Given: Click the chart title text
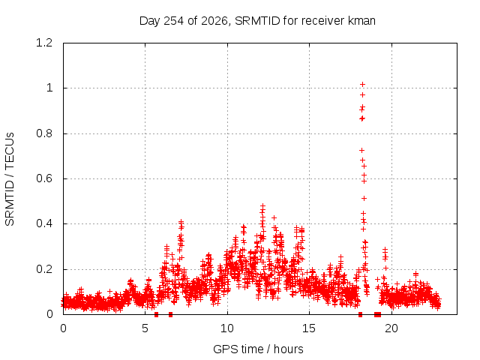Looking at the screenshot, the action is point(257,21).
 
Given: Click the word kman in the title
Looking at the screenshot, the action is point(361,21).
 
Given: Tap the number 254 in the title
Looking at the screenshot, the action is point(173,21).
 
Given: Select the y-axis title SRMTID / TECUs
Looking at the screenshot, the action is point(10,179).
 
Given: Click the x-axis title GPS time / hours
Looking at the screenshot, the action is point(258,349).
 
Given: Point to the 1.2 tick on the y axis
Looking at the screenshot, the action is point(44,43).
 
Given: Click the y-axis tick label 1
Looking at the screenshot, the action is point(49,88).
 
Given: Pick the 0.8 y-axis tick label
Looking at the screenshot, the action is point(44,133).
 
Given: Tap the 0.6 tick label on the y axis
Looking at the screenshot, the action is point(44,178).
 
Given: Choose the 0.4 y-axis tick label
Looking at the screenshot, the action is point(44,223).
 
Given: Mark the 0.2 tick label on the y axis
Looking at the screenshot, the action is point(44,269).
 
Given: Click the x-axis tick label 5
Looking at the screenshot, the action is point(145,328).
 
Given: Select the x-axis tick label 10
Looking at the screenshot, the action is point(227,328).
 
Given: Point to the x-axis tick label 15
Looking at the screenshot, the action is point(309,328).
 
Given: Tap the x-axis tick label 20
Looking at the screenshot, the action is point(391,328).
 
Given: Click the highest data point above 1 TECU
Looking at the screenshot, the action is point(362,84).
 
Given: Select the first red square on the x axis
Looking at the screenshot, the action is point(157,315).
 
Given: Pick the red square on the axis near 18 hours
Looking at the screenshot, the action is point(360,315).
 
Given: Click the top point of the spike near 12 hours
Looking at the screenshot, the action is point(262,205).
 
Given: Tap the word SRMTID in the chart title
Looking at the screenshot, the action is point(257,21).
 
